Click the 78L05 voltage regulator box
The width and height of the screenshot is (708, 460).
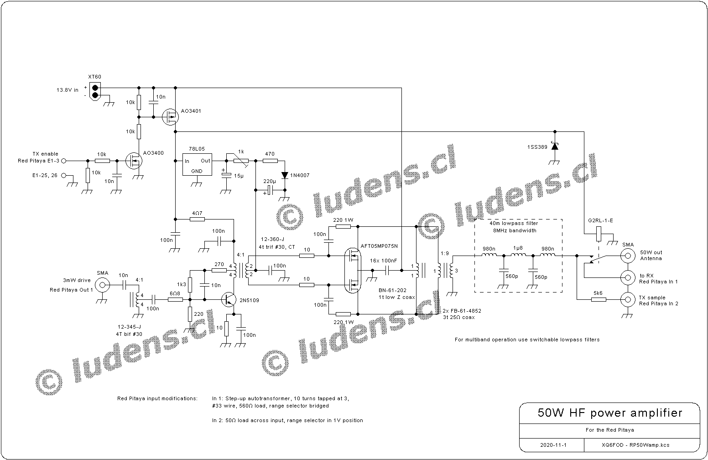pyautogui.click(x=198, y=164)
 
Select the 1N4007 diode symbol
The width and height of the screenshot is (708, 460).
pyautogui.click(x=285, y=175)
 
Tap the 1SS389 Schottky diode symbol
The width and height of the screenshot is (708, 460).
pyautogui.click(x=555, y=146)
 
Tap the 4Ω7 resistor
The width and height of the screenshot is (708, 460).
pyautogui.click(x=197, y=219)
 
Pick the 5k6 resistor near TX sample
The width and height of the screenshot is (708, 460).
pyautogui.click(x=599, y=299)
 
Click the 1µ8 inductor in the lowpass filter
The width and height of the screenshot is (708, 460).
pyautogui.click(x=518, y=256)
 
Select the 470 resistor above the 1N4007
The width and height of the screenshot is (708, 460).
pyautogui.click(x=270, y=161)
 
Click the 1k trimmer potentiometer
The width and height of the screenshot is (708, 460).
pyautogui.click(x=240, y=161)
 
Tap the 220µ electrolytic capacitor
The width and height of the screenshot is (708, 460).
pyautogui.click(x=270, y=189)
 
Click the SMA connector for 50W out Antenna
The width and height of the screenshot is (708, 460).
pyautogui.click(x=628, y=256)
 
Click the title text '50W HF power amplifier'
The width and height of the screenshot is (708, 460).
pyautogui.click(x=610, y=413)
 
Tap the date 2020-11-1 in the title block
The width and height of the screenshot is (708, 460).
pyautogui.click(x=552, y=444)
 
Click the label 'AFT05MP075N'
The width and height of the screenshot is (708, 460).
pyautogui.click(x=379, y=246)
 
